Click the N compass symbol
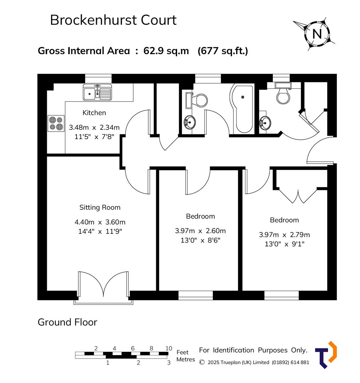(x=317, y=34)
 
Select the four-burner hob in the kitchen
(x=56, y=124)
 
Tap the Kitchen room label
(x=94, y=113)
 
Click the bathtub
(x=242, y=108)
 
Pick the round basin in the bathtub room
(x=189, y=123)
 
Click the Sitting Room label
(x=100, y=207)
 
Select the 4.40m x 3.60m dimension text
(x=100, y=222)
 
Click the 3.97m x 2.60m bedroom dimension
(x=200, y=231)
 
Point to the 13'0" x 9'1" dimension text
(x=284, y=244)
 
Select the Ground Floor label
(x=67, y=322)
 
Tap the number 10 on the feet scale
(x=169, y=348)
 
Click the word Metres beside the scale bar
(x=186, y=360)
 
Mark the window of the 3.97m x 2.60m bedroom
(x=195, y=295)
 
